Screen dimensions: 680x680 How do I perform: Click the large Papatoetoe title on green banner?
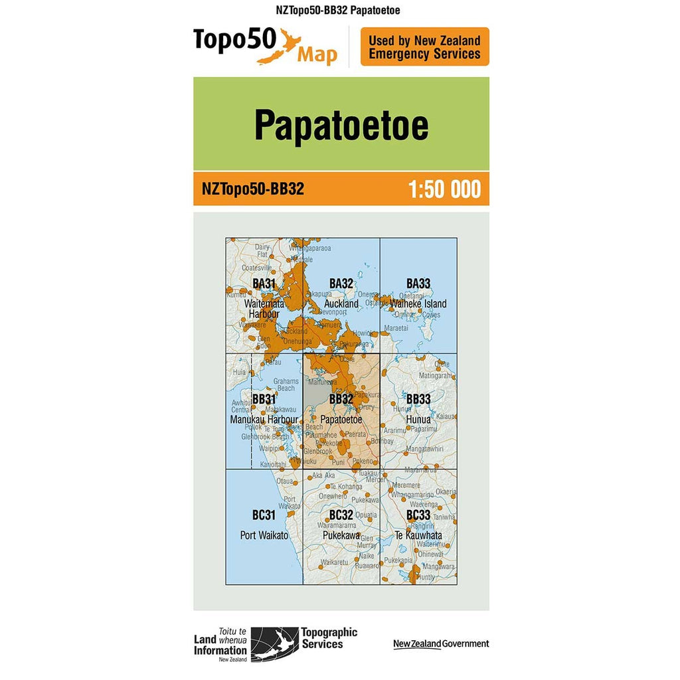pyautogui.click(x=341, y=125)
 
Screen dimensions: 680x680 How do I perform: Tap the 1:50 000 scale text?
pyautogui.click(x=444, y=189)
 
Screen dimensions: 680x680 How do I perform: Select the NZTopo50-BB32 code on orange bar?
pyautogui.click(x=252, y=189)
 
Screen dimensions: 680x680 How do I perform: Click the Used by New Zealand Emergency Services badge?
pyautogui.click(x=424, y=47)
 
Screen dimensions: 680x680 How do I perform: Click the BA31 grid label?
pyautogui.click(x=264, y=284)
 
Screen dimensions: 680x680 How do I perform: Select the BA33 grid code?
pyautogui.click(x=418, y=284)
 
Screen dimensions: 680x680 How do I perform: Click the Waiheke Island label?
pyautogui.click(x=418, y=304)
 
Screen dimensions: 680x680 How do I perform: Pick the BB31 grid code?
pyautogui.click(x=264, y=399)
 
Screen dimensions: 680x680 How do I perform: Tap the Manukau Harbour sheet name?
pyautogui.click(x=264, y=420)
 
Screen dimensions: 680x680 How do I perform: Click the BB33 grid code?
pyautogui.click(x=418, y=399)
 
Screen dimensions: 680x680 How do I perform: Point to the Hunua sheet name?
pyautogui.click(x=418, y=420)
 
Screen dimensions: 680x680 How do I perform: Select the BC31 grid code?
pyautogui.click(x=264, y=515)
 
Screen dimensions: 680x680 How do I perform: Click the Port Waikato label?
pyautogui.click(x=264, y=535)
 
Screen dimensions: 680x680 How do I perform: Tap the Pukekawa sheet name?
pyautogui.click(x=341, y=535)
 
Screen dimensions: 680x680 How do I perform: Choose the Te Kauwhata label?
pyautogui.click(x=418, y=535)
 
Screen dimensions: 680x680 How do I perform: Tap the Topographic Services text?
pyautogui.click(x=329, y=638)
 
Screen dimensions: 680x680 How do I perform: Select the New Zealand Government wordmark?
pyautogui.click(x=440, y=643)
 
